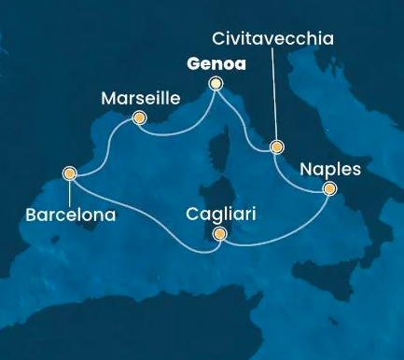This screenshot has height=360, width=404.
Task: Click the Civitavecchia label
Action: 272,40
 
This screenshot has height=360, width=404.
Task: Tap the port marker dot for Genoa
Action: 216,84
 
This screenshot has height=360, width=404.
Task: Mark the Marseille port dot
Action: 139,118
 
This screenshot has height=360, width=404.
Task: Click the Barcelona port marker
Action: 69,173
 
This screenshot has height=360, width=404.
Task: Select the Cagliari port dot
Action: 219,235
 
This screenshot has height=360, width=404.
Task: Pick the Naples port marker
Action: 329,189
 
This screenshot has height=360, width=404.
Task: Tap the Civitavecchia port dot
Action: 276,146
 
